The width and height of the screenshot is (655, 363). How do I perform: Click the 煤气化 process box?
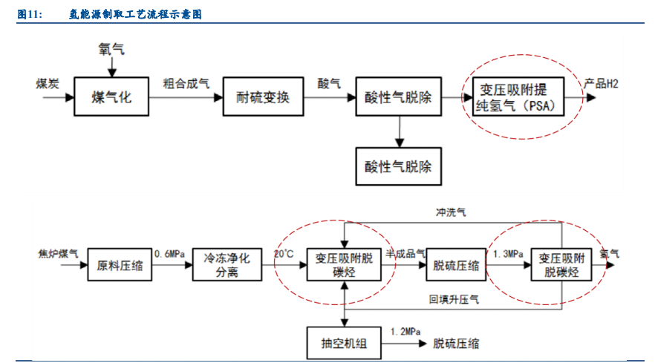(x=111, y=97)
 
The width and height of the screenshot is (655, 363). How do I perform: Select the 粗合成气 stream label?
(x=186, y=83)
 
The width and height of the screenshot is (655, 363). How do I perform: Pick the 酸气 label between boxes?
(x=329, y=83)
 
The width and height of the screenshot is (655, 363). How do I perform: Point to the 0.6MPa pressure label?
(x=169, y=254)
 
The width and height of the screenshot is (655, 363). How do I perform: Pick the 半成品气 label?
(x=405, y=254)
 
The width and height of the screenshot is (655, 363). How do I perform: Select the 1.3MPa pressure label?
(x=509, y=254)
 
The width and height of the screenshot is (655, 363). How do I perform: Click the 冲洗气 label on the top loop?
(x=451, y=213)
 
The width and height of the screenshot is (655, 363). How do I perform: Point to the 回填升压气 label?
(x=454, y=299)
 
